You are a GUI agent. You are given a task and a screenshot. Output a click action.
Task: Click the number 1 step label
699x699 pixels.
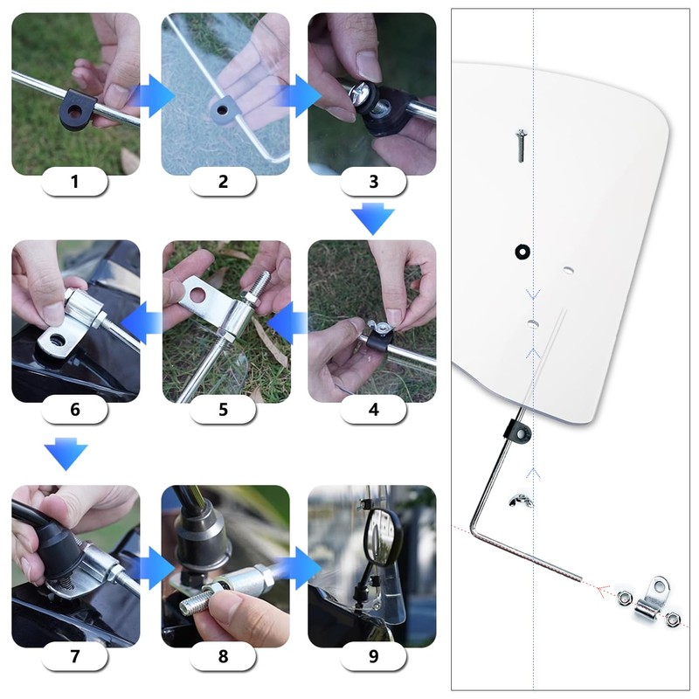74,182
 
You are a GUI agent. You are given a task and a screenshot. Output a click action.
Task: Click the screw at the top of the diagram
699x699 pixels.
519,144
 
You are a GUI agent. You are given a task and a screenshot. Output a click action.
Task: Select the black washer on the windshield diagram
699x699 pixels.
522,253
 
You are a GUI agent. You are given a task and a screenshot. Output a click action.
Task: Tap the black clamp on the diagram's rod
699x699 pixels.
516,430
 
